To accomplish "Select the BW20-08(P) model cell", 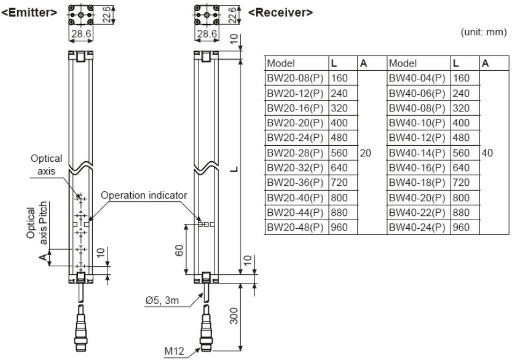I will [295, 78].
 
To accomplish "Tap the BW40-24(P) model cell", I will [417, 227].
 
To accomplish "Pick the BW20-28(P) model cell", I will [295, 153].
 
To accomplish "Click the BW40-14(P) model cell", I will [417, 153].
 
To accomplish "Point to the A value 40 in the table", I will [487, 153].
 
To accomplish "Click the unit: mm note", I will [483, 33].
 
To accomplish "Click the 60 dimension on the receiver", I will [180, 250].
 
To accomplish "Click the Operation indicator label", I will [144, 195].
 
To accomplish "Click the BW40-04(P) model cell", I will [417, 78].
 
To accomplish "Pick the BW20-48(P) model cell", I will [295, 227].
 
